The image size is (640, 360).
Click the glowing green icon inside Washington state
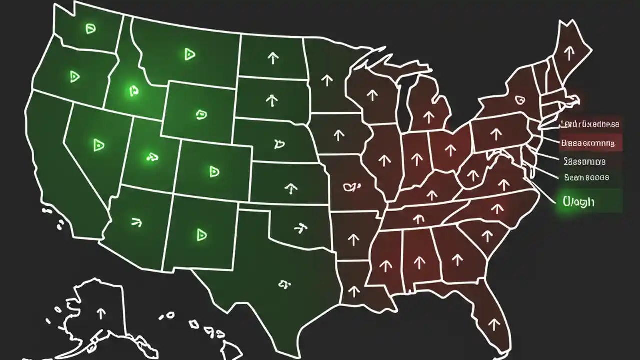pos(90,29)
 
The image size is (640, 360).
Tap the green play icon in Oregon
pos(75,76)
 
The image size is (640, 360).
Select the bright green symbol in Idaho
pos(133,91)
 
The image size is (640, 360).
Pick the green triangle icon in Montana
pos(189,54)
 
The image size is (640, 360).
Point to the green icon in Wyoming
pos(201,114)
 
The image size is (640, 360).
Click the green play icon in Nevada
pos(98,145)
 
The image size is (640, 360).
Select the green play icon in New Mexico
pos(201,234)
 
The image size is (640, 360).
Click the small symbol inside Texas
pos(284,285)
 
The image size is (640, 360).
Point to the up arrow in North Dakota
pos(273,58)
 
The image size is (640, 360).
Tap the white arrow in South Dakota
pos(271,100)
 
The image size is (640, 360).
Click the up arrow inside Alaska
pos(101,313)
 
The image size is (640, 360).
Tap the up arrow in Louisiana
pos(354,290)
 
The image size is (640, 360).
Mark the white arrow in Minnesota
pos(327,79)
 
